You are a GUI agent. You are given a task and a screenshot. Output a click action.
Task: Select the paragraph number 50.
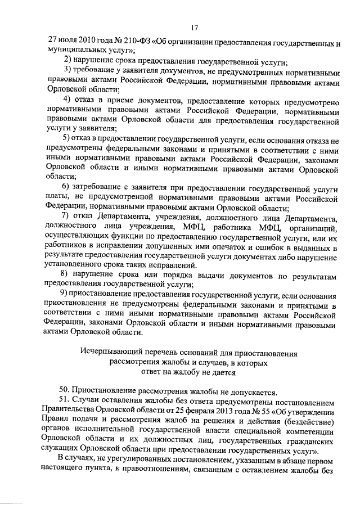coord(64,392)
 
